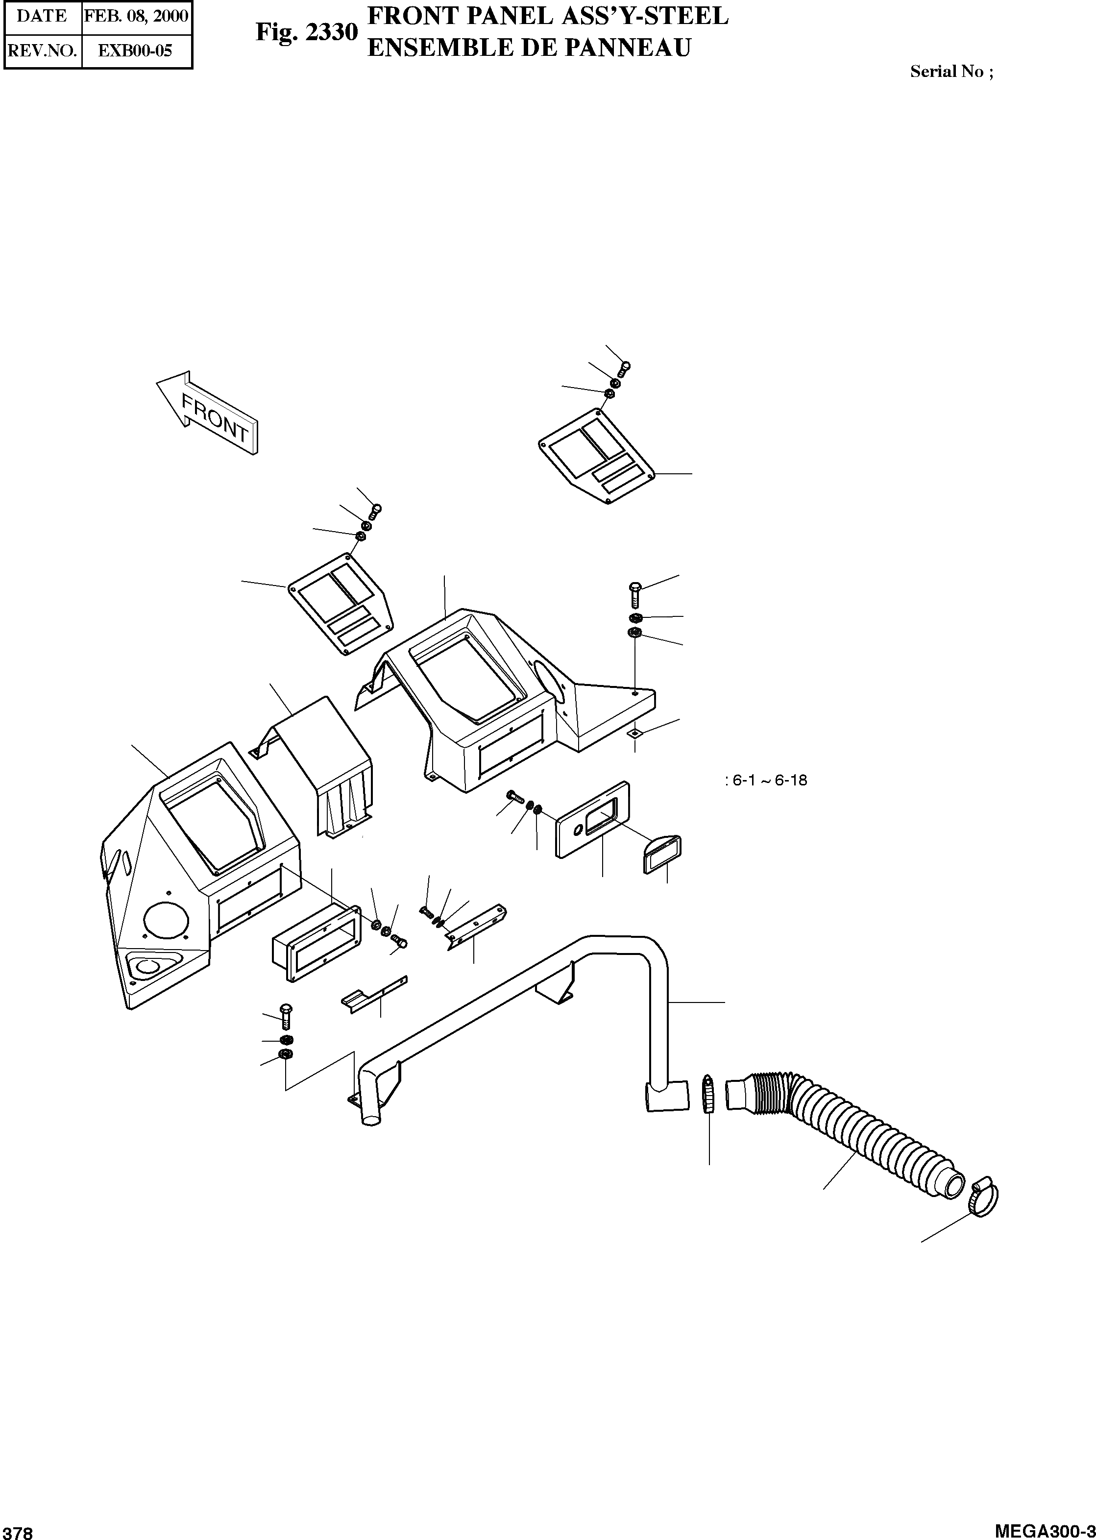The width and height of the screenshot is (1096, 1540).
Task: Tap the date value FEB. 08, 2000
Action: click(136, 16)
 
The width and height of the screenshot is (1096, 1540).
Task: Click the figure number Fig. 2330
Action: click(306, 32)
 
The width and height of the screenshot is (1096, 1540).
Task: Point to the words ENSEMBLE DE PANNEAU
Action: click(529, 48)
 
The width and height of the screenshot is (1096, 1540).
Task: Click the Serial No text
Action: click(951, 72)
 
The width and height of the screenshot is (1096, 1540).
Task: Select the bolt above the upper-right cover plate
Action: click(624, 368)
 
